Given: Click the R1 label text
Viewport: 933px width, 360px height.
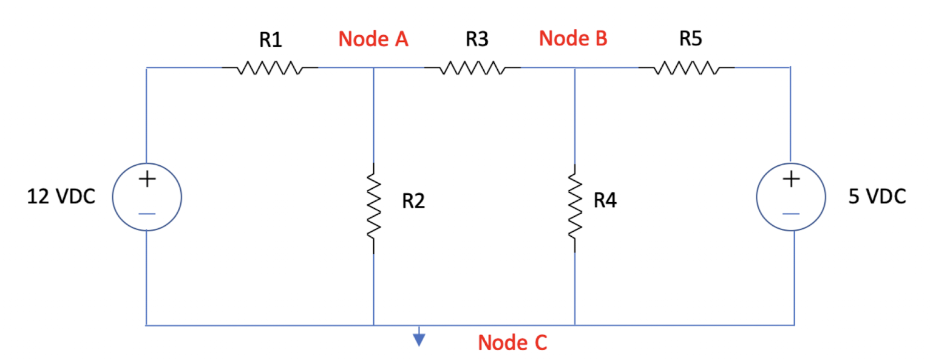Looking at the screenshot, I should coord(271,40).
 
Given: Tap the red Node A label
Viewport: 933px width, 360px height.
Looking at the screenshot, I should coord(373,39).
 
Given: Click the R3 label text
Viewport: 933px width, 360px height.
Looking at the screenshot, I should coord(477,40).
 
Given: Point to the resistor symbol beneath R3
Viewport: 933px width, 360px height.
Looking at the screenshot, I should coord(472,68).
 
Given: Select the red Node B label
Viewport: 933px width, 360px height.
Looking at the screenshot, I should coord(573,39).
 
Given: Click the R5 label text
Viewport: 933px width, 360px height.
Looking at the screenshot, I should coord(691,39).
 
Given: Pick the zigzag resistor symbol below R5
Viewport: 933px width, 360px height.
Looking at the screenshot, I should coord(687,68).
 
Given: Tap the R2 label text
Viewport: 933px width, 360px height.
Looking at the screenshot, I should coord(413,201).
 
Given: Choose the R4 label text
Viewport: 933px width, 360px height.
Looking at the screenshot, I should coord(605,201).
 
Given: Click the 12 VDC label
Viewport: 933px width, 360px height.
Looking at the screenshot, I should coord(61,198).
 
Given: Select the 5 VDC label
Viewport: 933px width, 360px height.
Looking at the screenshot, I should coord(877,197).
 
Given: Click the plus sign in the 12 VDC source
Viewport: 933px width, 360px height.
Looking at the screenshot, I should coord(147,180).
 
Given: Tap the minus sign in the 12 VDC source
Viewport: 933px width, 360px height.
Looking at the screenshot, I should coord(148,214).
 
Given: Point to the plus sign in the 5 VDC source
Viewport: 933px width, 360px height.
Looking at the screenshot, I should coord(791,180).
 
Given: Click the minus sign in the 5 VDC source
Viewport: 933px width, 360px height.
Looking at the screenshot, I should coord(791,214).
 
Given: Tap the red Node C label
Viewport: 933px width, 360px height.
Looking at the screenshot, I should coord(512,343).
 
